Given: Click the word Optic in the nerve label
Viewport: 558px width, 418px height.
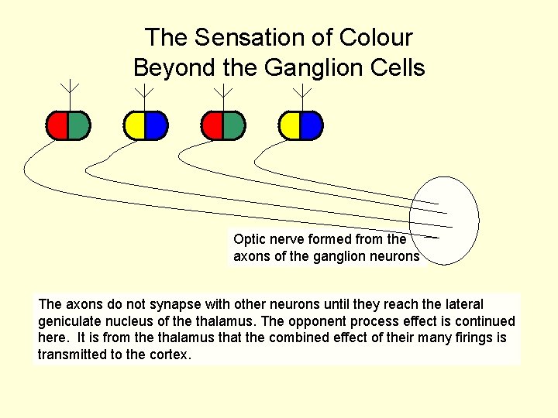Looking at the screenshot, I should click(248, 239).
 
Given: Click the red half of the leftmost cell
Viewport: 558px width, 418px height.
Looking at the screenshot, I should click(57, 125).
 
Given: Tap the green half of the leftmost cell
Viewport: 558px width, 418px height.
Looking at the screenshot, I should click(78, 125).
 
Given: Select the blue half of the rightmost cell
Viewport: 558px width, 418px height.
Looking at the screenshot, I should click(311, 125).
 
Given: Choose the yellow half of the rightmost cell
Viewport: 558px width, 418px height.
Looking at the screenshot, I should click(290, 125).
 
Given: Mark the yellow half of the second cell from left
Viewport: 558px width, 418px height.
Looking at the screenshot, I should click(134, 125).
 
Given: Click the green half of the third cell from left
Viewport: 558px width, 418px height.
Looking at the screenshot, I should click(233, 125).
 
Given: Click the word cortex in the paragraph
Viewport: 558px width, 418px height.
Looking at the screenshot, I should click(171, 355).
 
